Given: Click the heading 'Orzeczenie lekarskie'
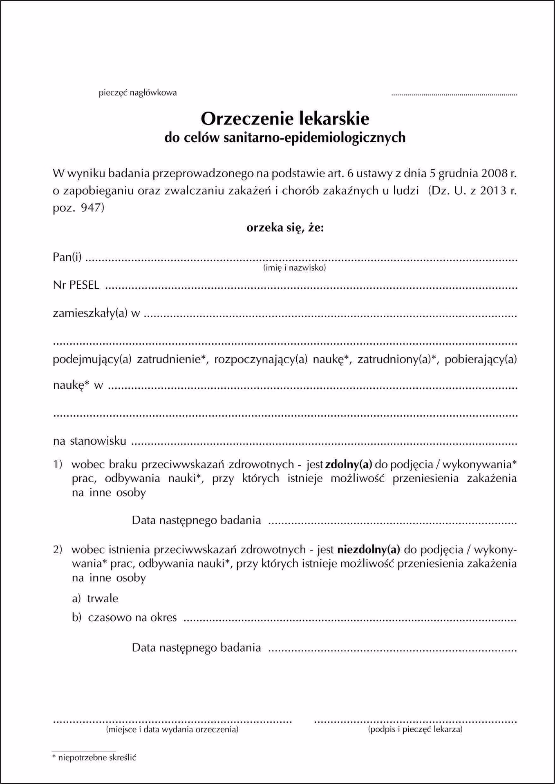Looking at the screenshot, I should coord(285,119).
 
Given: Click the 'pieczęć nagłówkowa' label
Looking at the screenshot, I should coord(138,93).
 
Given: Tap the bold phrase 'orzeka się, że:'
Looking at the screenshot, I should coord(285,227).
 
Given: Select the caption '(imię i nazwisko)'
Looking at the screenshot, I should coord(294,268).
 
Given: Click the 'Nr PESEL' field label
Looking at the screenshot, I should coord(76,285).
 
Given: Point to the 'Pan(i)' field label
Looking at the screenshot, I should coord(67,257).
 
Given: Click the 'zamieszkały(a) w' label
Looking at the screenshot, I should coord(96,313).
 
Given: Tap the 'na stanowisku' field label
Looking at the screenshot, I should coord(90,441).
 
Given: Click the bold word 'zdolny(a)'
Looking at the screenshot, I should coord(349,464).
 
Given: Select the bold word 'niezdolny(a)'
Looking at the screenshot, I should coord(369,550).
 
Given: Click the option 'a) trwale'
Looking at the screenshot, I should coord(95,599).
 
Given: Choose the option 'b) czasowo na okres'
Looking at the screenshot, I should coord(124,617).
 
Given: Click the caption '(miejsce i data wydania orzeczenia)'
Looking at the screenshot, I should coord(172,729).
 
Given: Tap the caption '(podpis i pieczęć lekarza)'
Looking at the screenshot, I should coord(415,729).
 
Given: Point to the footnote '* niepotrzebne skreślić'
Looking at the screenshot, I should coord(94,758).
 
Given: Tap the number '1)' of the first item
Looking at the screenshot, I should coord(58,464).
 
